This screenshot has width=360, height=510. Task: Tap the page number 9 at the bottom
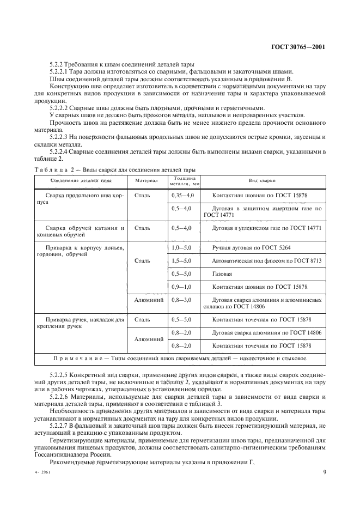324,472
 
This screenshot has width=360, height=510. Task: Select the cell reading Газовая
222,274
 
